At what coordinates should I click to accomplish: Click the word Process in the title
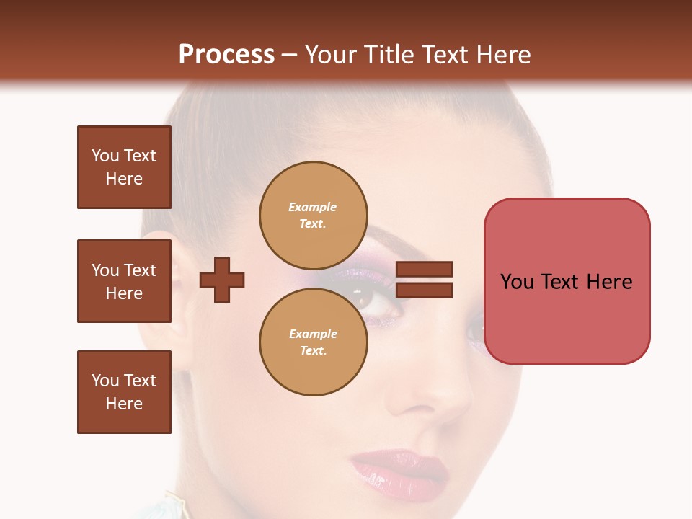coord(226,55)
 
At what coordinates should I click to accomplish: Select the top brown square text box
coord(124,167)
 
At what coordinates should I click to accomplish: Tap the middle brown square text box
coord(124,281)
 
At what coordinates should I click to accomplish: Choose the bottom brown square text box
coord(124,392)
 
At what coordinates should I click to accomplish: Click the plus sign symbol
coord(222,279)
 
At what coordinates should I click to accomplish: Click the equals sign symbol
coord(425,280)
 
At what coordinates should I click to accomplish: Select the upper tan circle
coord(313,215)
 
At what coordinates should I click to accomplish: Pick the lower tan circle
coord(313,342)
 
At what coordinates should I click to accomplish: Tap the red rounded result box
coord(567,281)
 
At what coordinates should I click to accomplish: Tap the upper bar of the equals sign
coord(425,270)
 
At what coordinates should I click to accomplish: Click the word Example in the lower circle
coord(313,334)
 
